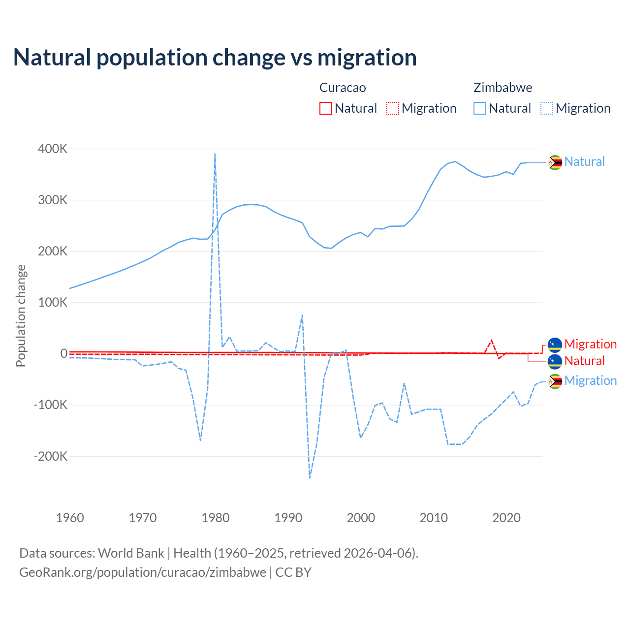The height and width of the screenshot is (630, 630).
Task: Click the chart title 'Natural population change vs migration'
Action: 215,58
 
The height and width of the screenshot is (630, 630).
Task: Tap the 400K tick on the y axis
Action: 52,149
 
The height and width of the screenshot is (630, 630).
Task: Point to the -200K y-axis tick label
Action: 50,456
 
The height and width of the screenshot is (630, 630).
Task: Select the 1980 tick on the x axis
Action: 216,518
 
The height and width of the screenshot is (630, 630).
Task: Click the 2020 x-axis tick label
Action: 506,518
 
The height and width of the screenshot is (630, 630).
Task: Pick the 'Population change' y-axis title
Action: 21,315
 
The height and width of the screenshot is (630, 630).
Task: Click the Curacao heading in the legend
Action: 343,88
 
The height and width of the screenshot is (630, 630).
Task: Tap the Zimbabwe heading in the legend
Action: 503,88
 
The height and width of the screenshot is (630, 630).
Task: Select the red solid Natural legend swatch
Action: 326,108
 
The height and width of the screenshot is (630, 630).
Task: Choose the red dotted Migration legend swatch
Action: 393,108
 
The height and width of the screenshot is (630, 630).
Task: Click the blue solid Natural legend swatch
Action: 480,108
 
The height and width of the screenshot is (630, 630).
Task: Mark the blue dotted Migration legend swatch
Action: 547,108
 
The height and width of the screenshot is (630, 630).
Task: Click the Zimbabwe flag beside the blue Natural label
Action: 555,162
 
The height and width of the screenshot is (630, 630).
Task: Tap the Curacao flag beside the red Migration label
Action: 555,345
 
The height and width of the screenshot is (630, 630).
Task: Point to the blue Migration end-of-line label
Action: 590,380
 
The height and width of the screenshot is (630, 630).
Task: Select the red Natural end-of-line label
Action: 584,361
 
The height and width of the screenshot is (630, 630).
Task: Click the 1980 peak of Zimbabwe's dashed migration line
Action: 215,154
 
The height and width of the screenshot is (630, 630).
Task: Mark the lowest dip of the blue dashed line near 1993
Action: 310,477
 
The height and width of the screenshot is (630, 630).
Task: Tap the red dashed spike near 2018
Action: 491,341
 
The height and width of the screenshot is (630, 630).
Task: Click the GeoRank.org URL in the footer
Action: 143,572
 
